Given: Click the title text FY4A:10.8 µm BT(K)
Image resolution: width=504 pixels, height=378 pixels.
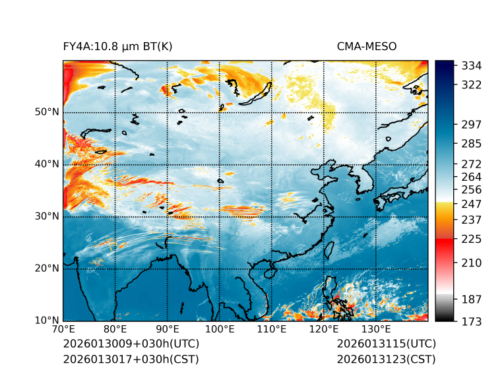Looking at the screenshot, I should point(117,46).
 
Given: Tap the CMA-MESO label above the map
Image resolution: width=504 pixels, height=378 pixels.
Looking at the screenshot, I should point(366,46).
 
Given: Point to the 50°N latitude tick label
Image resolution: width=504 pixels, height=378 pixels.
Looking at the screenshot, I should point(47,112).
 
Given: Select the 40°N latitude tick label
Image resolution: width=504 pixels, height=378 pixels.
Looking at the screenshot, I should point(47,164).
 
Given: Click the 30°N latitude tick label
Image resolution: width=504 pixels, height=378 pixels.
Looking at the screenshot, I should point(47,216).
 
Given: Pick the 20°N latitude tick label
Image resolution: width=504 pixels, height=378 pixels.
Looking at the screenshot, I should point(47,268).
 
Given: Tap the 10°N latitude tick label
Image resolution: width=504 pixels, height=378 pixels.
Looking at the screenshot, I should point(47,321).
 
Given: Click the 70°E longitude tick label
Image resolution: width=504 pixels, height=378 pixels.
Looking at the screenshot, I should point(63,329).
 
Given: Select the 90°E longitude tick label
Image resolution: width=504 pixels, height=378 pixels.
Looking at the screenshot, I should point(168,329).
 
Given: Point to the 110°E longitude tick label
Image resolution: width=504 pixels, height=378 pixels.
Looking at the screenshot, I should point(271,329).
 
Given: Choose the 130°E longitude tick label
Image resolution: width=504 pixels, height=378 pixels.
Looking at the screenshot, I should point(375,329).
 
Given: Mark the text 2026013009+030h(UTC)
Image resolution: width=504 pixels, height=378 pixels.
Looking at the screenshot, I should point(131,344).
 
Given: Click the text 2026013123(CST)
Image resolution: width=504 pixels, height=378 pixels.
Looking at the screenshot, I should point(386,360).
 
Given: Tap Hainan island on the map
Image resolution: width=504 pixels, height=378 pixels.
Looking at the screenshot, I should point(268,272).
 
